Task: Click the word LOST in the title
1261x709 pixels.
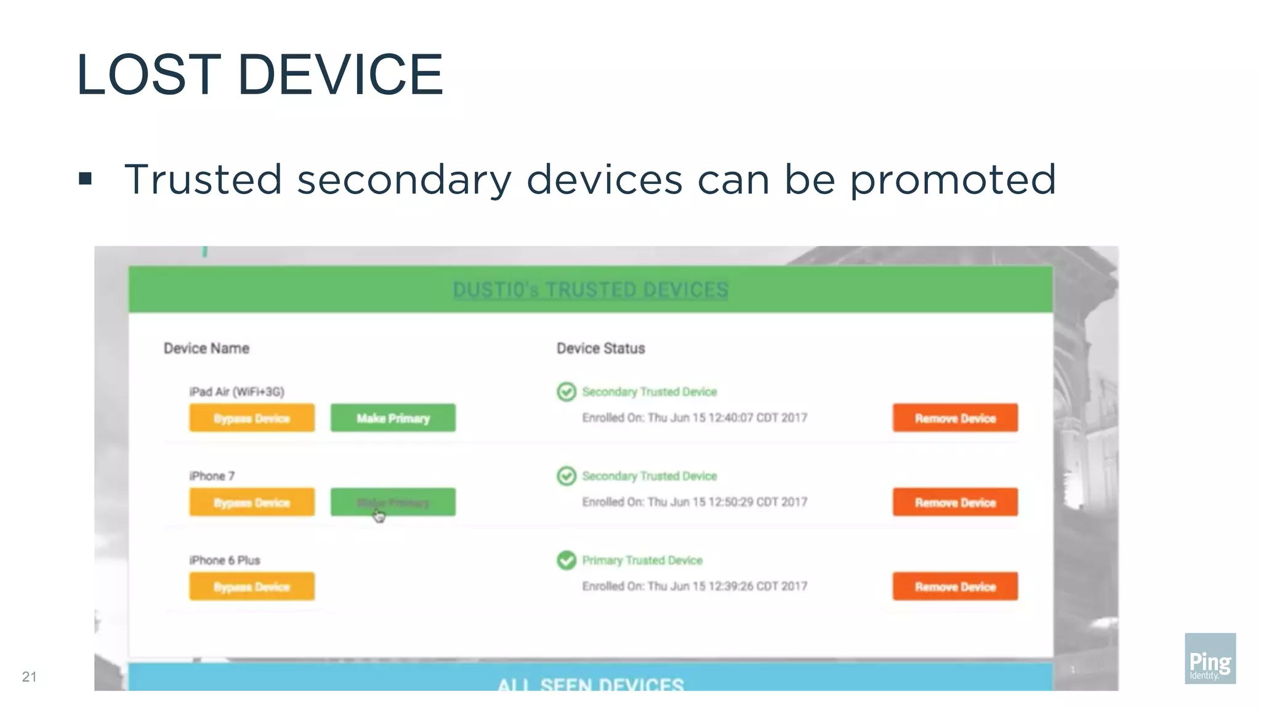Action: (148, 75)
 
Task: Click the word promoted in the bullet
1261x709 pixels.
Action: (953, 180)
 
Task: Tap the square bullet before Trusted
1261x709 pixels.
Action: (86, 179)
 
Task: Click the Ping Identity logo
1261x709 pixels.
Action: (1210, 658)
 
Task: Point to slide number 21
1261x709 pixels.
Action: (29, 677)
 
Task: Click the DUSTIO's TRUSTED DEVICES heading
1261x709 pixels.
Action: (590, 290)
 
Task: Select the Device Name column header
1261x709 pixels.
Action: (206, 348)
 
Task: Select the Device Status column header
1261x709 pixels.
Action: (600, 348)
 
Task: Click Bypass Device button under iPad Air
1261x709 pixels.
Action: (251, 419)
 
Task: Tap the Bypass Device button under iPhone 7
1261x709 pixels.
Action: (251, 503)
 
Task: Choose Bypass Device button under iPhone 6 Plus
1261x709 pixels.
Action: (251, 587)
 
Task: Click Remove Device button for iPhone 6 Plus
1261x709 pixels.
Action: (955, 587)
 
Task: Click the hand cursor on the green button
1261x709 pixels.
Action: (379, 515)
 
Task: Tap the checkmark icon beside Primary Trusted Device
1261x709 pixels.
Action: (566, 560)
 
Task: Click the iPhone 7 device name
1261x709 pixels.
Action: (212, 476)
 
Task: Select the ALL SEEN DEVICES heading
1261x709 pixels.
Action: (590, 684)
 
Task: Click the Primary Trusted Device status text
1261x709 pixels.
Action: (642, 560)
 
